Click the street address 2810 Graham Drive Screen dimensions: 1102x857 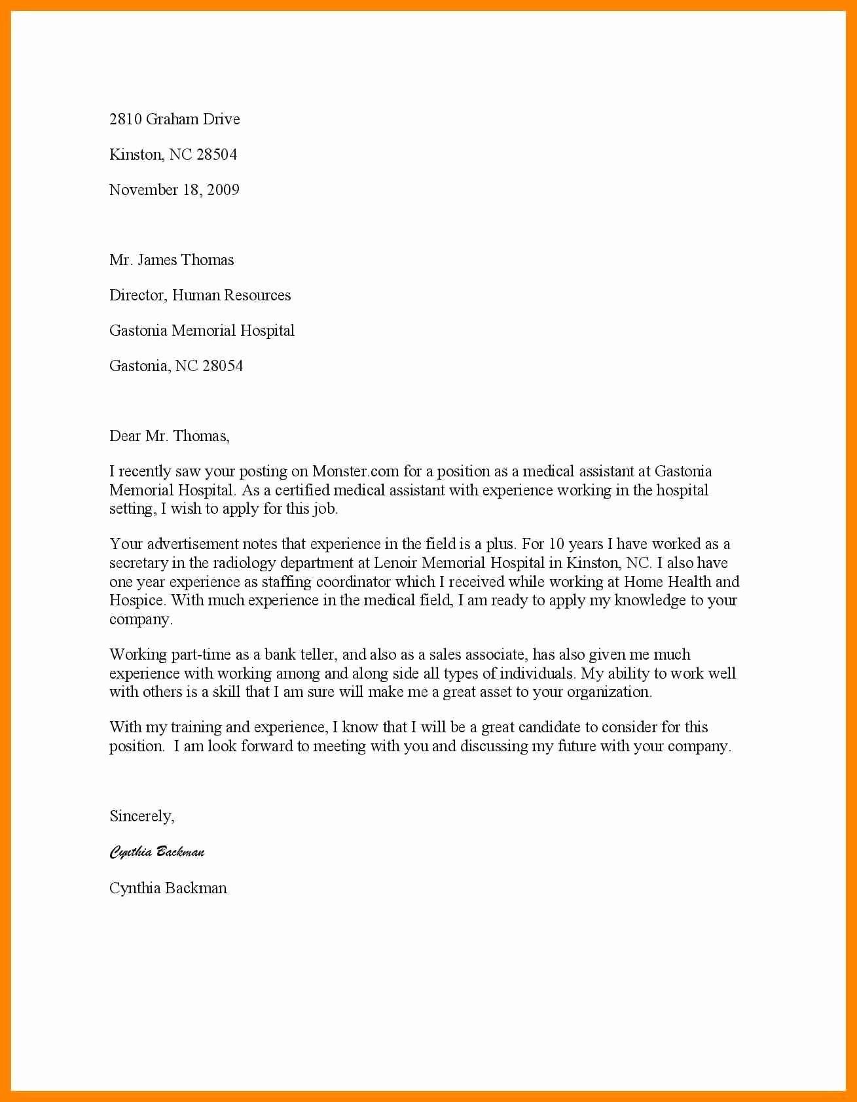(x=174, y=119)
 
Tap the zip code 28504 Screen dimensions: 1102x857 (x=217, y=154)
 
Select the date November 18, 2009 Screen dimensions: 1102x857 (x=174, y=190)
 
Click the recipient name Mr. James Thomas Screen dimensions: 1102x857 (x=172, y=260)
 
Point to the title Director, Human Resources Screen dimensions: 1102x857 (x=200, y=295)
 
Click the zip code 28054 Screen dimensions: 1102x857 (x=223, y=366)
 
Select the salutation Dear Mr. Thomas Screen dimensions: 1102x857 (x=169, y=436)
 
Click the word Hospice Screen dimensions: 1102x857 (x=136, y=601)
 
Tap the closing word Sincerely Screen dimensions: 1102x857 (x=141, y=816)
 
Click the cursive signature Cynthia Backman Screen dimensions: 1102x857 (x=157, y=852)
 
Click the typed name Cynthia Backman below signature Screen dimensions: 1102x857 (x=168, y=888)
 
